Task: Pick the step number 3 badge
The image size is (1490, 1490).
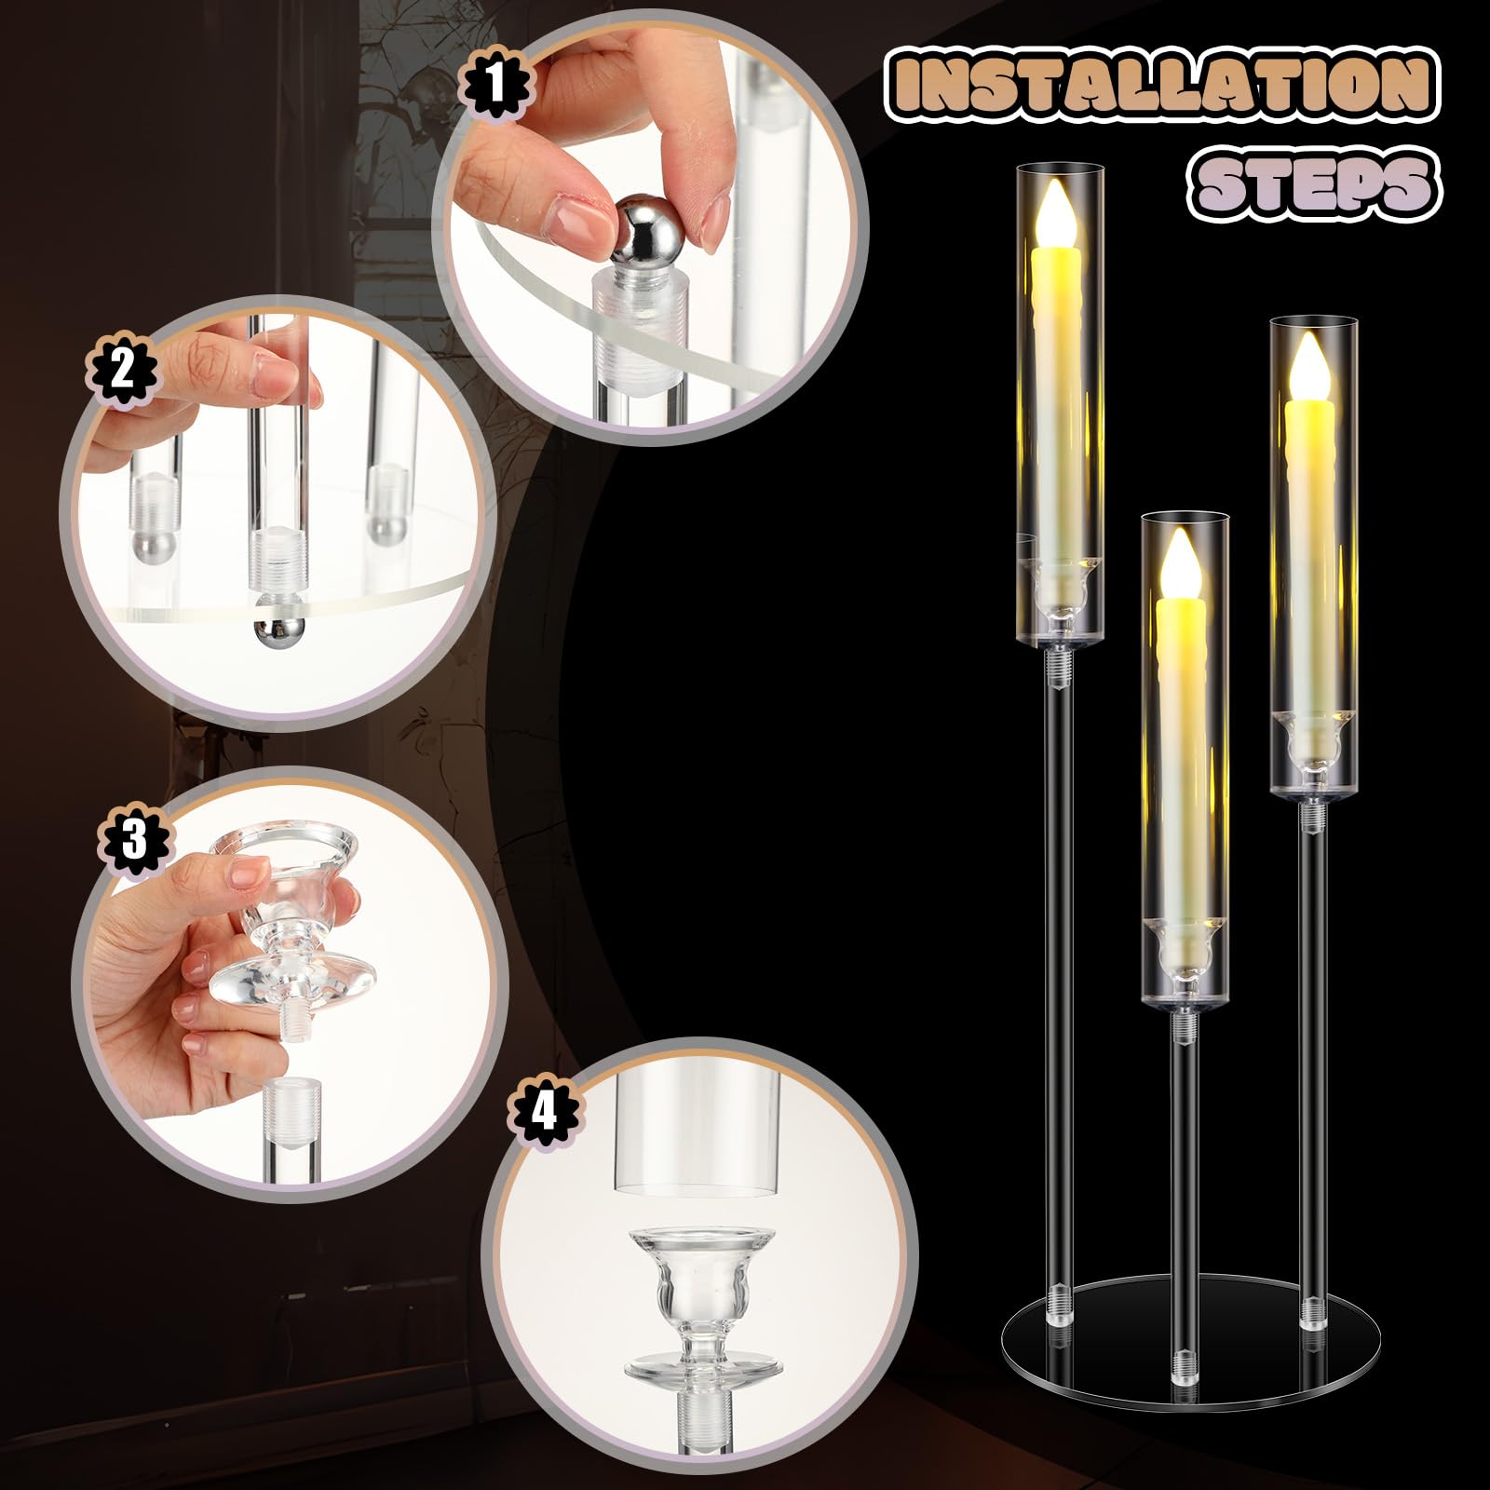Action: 135,841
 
